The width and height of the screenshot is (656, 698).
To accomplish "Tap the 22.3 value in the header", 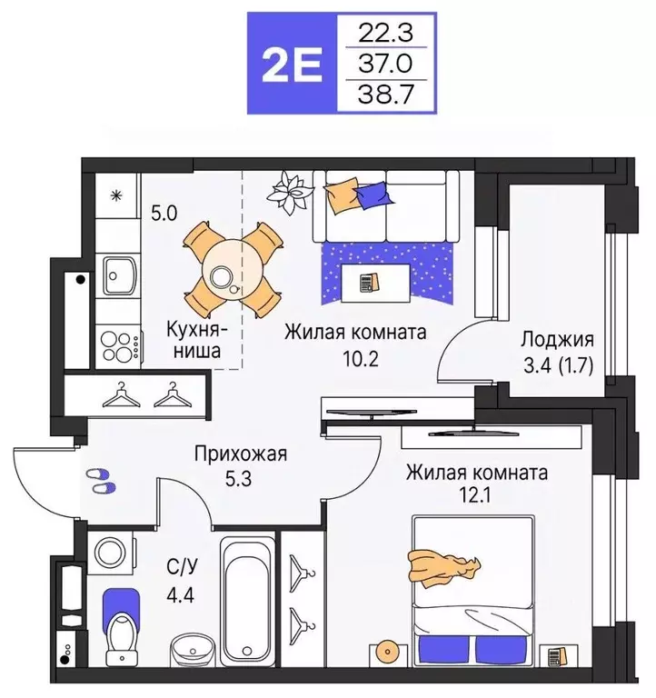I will pyautogui.click(x=387, y=34).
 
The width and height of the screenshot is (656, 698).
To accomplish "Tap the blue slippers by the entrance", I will pyautogui.click(x=101, y=481).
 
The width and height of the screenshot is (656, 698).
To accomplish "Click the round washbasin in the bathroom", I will pyautogui.click(x=189, y=651).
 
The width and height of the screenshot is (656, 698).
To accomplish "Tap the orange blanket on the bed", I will pyautogui.click(x=442, y=568).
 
